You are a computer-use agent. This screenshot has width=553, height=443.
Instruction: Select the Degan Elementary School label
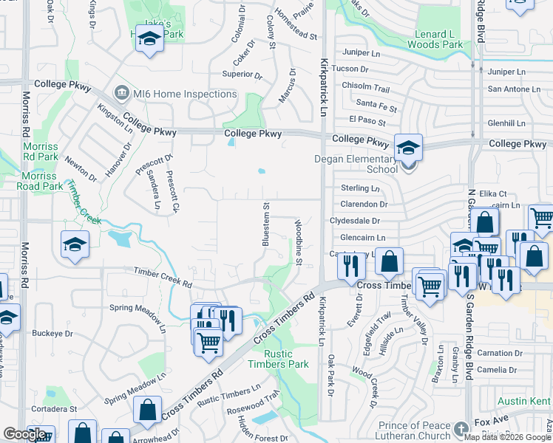(x=362, y=164)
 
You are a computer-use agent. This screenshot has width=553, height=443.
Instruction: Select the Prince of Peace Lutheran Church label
(x=414, y=431)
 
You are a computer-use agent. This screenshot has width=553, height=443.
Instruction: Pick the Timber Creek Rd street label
(x=163, y=277)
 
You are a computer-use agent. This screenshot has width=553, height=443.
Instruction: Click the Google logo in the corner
(x=24, y=434)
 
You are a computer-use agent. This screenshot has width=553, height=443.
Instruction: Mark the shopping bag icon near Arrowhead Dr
(x=147, y=410)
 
